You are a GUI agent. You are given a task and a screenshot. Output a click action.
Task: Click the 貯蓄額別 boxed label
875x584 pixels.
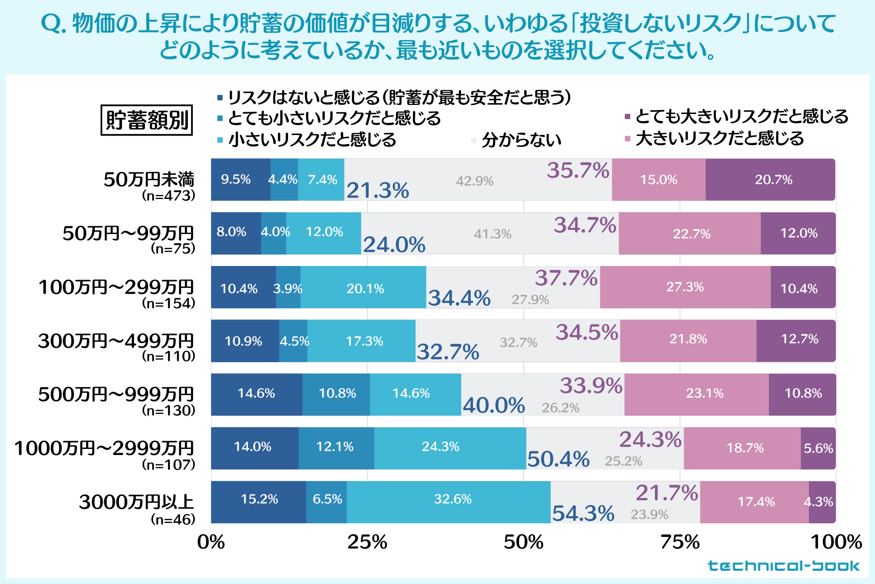click(147, 120)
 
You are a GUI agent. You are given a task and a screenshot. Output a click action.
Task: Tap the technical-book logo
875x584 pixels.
click(783, 566)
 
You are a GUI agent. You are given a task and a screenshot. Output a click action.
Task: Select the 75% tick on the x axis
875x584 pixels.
click(680, 542)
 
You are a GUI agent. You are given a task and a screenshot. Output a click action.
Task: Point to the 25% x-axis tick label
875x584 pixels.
click(367, 542)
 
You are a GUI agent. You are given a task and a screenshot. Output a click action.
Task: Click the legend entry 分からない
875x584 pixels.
click(521, 140)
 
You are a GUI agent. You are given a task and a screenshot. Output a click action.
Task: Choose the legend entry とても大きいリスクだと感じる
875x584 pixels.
click(741, 117)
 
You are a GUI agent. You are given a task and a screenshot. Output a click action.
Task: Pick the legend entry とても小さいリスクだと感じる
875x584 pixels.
click(334, 118)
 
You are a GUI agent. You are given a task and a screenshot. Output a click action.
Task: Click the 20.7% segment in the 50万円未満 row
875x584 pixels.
click(773, 180)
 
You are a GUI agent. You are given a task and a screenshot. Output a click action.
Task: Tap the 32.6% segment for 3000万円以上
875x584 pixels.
click(453, 499)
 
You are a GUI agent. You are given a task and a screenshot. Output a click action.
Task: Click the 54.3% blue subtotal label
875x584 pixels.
click(583, 513)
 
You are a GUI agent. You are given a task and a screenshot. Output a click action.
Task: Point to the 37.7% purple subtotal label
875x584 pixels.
click(566, 278)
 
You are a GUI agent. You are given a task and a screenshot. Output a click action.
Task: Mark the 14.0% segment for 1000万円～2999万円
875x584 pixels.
click(252, 447)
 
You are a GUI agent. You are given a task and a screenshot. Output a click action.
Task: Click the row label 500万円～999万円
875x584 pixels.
click(116, 394)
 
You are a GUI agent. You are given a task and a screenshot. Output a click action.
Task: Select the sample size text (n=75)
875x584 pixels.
click(173, 249)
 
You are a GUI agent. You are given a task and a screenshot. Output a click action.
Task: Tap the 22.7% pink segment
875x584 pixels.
click(691, 234)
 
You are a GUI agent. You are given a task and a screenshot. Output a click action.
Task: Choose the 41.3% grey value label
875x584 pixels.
click(493, 234)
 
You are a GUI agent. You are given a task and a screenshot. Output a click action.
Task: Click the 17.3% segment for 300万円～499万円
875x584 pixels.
click(364, 341)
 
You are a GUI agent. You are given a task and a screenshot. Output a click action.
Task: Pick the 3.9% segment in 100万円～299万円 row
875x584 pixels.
click(288, 288)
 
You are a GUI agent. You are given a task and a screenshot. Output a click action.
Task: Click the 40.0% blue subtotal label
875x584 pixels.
click(494, 405)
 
